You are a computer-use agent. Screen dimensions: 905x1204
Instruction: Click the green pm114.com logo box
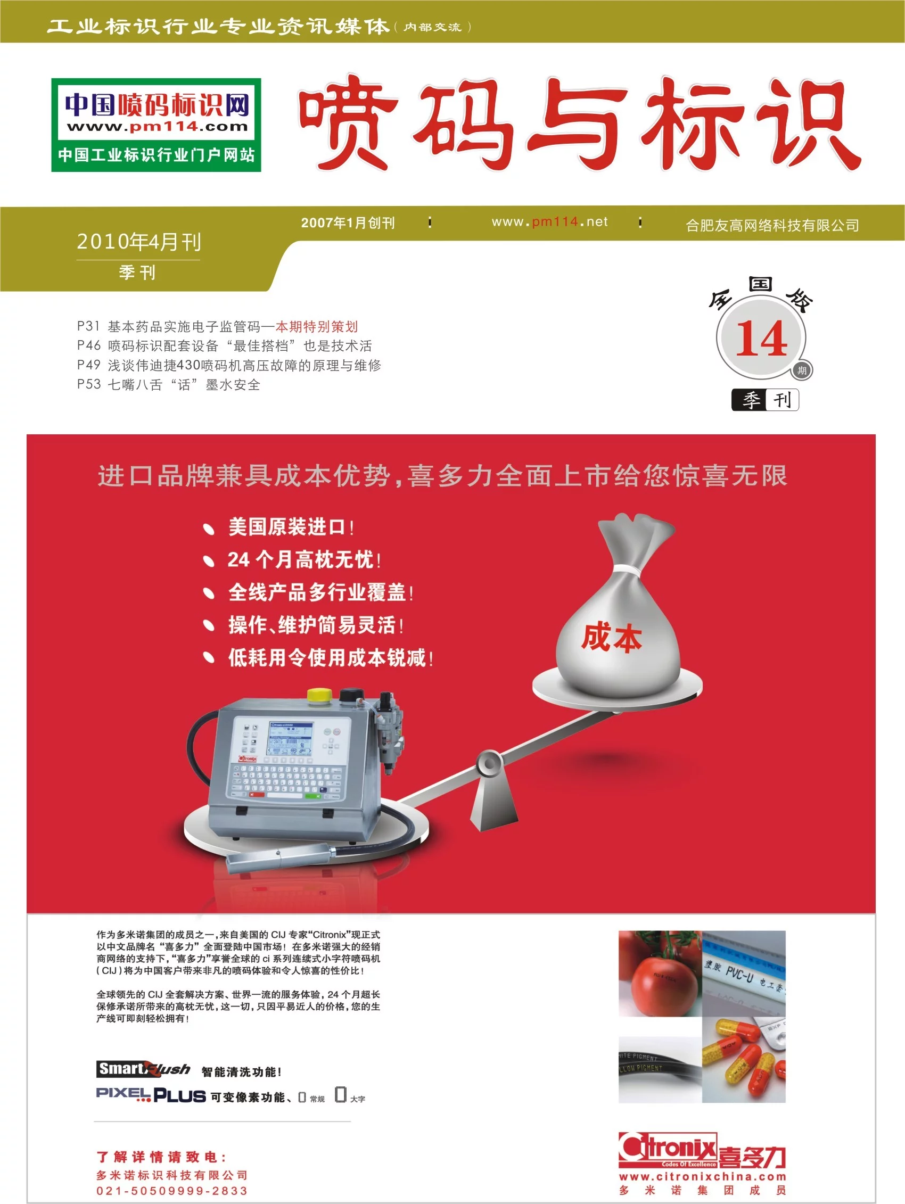[157, 125]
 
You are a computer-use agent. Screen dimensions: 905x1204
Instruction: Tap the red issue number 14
[761, 339]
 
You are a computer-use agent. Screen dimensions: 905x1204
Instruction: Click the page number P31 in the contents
[88, 326]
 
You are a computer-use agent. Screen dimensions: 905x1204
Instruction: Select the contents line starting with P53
[169, 385]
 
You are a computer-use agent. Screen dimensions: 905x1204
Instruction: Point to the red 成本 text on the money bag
[612, 637]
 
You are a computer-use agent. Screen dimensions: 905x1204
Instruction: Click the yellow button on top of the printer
[319, 695]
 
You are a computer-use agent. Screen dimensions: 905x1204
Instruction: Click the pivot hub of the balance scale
[489, 763]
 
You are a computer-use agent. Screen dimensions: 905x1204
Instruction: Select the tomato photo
[660, 974]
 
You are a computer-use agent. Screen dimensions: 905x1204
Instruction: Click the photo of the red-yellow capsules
[744, 1059]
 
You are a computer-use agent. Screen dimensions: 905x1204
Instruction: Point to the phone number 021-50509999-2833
[172, 1191]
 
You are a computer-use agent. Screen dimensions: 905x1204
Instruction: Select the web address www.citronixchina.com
[702, 1176]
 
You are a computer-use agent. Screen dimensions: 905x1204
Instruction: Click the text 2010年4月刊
[139, 242]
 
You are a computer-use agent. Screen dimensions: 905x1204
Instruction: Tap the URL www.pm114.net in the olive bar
[549, 221]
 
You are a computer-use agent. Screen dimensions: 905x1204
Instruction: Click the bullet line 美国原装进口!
[291, 527]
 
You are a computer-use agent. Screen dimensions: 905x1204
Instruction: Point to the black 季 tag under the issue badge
[749, 400]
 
